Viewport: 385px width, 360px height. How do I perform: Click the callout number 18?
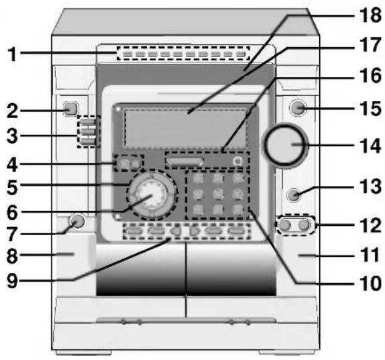[370, 15]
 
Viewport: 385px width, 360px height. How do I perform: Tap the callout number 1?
[12, 54]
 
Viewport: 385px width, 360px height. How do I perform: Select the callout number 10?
[370, 284]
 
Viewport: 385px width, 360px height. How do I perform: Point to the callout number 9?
[12, 280]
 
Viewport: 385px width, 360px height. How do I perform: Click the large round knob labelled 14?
[285, 145]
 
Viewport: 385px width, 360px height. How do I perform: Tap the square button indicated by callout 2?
[70, 108]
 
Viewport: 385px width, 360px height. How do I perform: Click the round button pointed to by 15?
[298, 108]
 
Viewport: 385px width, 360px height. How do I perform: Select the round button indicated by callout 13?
[294, 195]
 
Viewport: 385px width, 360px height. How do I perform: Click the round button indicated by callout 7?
[77, 221]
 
